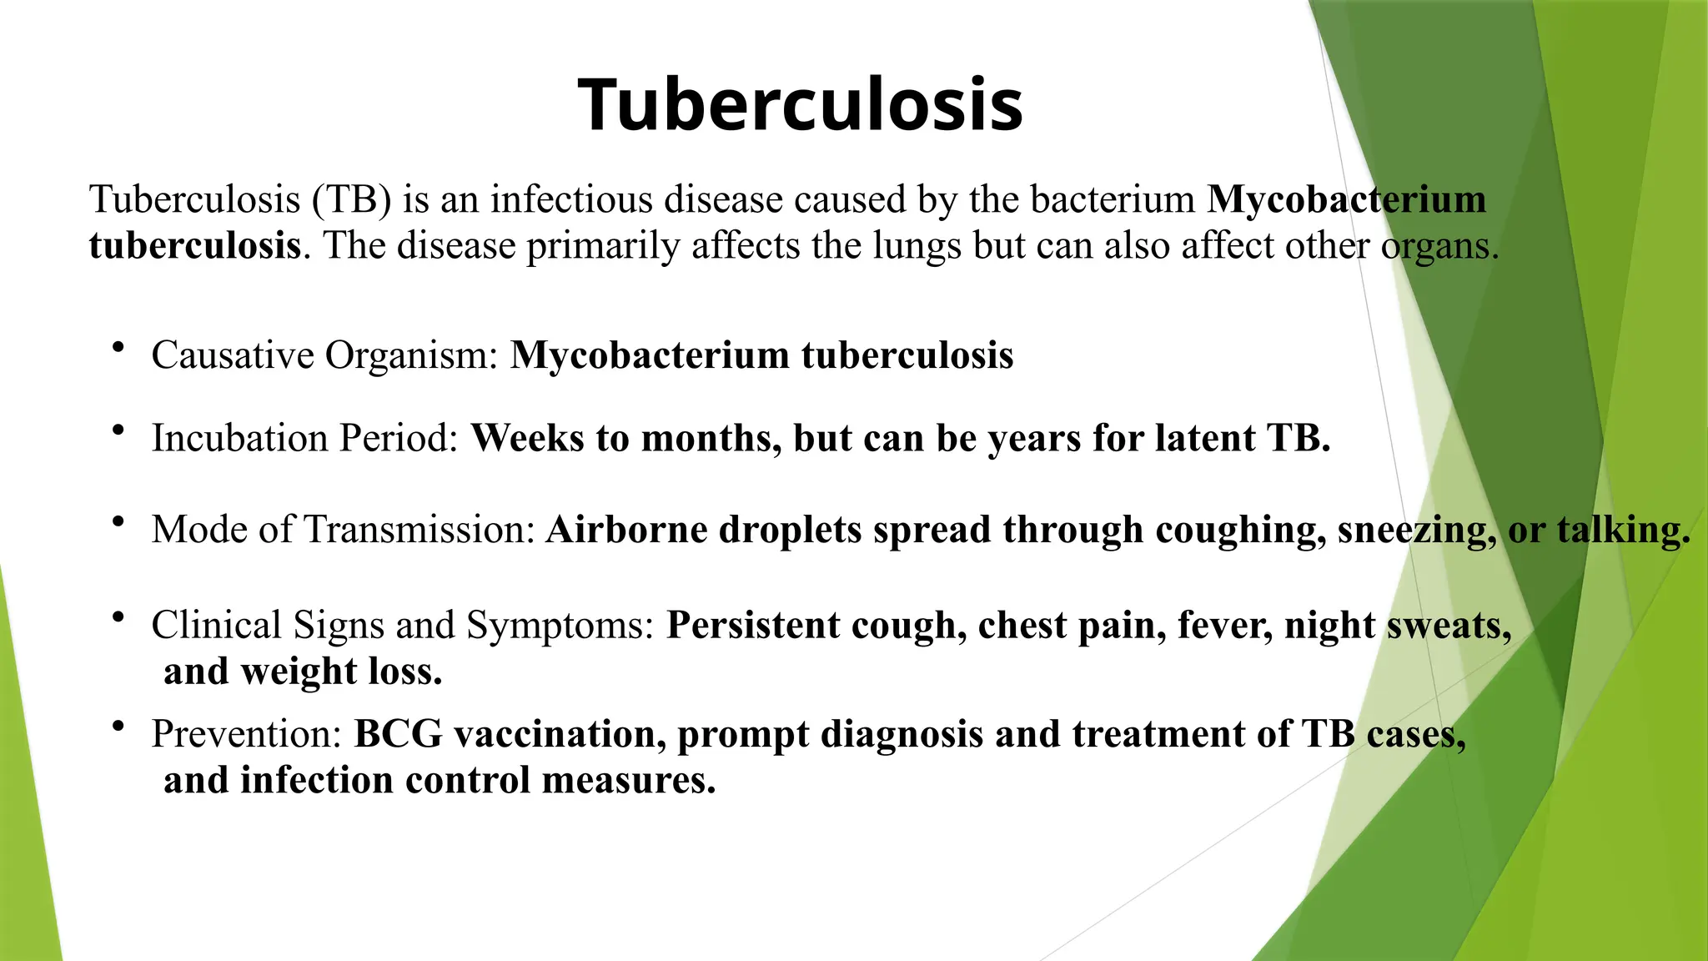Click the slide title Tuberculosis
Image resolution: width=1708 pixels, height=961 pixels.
coord(800,105)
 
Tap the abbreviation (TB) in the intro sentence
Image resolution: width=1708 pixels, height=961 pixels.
coord(351,200)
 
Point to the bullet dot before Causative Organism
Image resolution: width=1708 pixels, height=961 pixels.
coord(118,346)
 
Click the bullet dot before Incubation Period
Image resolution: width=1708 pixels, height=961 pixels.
coord(118,430)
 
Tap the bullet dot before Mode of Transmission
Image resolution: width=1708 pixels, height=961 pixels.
coord(118,521)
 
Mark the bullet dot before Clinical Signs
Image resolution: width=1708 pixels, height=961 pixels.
coord(118,617)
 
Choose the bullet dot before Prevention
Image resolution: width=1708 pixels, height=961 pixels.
coord(118,726)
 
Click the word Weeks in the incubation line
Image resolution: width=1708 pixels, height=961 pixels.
coord(527,439)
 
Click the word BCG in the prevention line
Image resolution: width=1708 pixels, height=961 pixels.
coord(398,735)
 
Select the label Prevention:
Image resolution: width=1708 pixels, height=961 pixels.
coord(247,735)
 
